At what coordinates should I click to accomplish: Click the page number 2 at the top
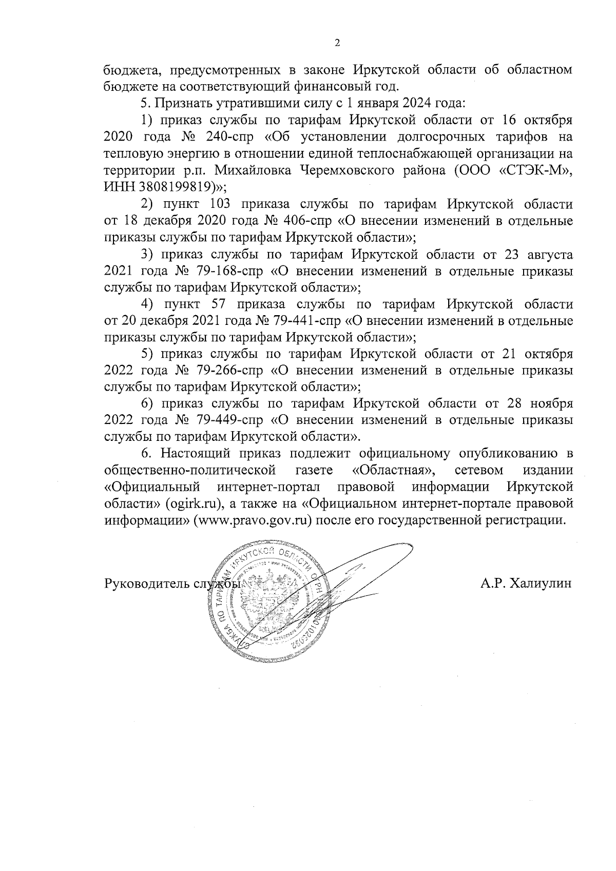tap(337, 43)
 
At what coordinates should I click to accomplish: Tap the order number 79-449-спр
tap(228, 420)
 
